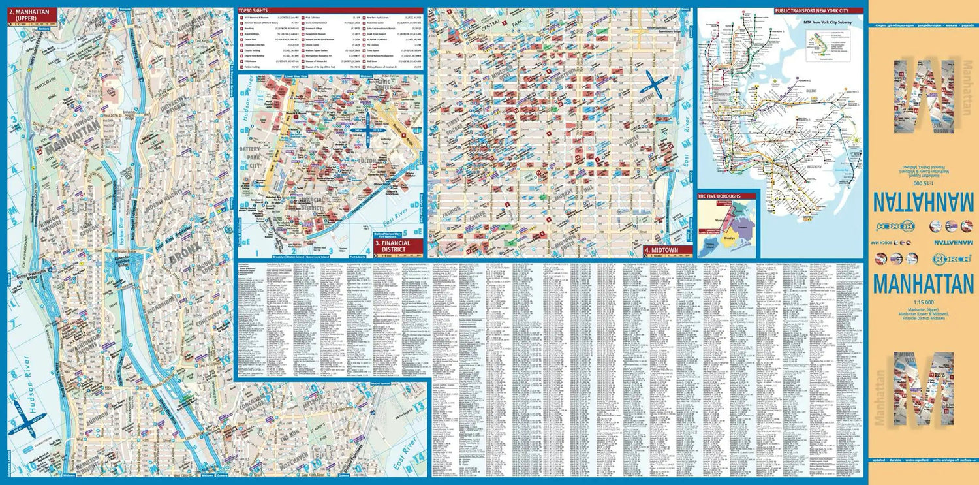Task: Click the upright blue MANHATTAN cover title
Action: tap(923, 285)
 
